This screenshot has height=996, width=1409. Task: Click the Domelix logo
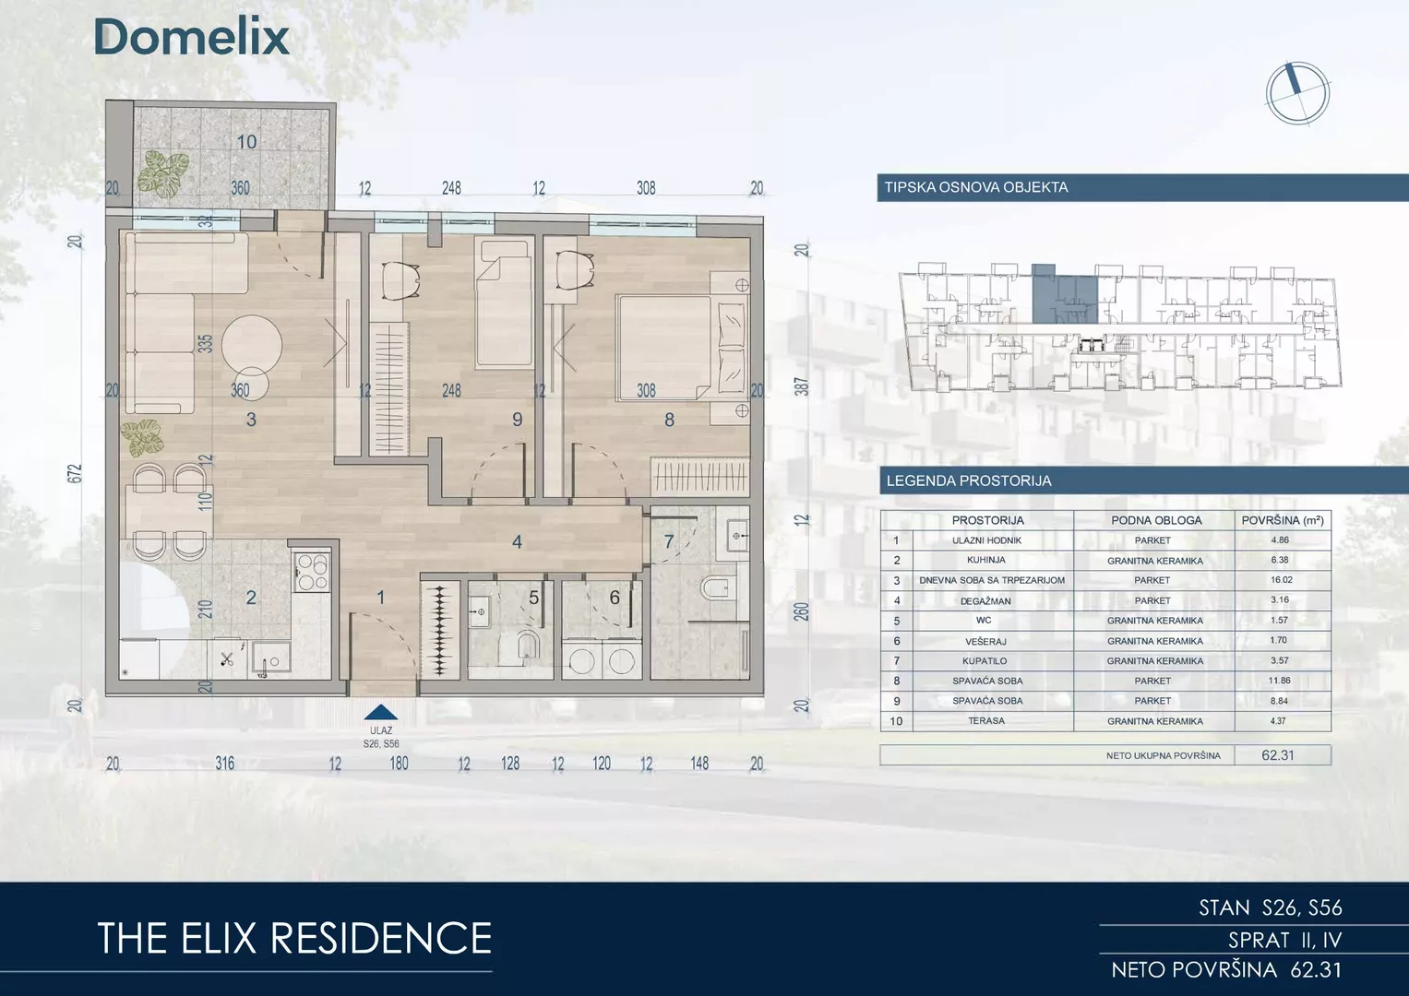pyautogui.click(x=192, y=37)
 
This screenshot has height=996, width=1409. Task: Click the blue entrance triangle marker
pyautogui.click(x=380, y=712)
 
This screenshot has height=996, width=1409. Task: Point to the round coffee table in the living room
pyautogui.click(x=252, y=345)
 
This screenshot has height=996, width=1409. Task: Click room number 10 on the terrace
pyautogui.click(x=246, y=142)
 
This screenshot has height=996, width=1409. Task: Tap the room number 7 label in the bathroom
pyautogui.click(x=669, y=540)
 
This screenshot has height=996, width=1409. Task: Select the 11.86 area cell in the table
pyautogui.click(x=1280, y=681)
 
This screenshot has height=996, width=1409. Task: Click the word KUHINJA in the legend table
pyautogui.click(x=986, y=560)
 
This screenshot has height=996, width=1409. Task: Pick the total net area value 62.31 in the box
pyautogui.click(x=1278, y=755)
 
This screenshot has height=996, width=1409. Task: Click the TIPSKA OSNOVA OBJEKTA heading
pyautogui.click(x=976, y=187)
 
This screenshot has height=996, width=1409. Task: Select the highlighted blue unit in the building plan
pyautogui.click(x=1064, y=294)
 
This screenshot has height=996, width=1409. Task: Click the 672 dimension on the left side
pyautogui.click(x=75, y=473)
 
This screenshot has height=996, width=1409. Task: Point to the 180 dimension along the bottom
pyautogui.click(x=399, y=764)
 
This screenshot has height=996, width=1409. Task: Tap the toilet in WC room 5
pyautogui.click(x=524, y=648)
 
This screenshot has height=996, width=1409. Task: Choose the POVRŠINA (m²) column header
pyautogui.click(x=1283, y=521)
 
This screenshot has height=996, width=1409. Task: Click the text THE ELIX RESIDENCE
pyautogui.click(x=294, y=938)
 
